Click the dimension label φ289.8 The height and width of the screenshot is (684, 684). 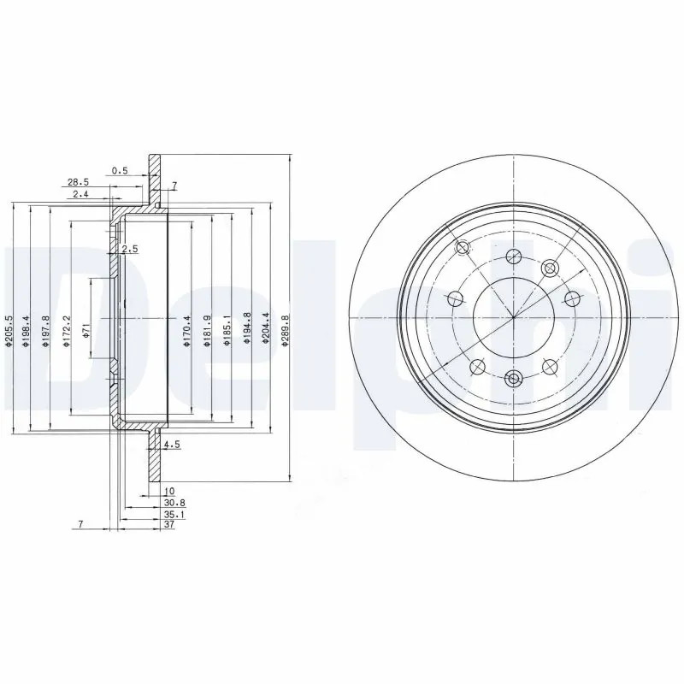(285, 332)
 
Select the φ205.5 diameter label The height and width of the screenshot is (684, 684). (8, 332)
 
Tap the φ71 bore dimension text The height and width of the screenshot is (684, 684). (86, 329)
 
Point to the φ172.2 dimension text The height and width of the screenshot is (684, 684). (67, 332)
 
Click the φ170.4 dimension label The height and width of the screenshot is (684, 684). (187, 332)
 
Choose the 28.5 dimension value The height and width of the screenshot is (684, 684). (78, 182)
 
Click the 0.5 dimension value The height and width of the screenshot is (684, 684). (120, 170)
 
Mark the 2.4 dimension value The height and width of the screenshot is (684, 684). (80, 194)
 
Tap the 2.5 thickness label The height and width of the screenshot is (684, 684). (130, 249)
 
